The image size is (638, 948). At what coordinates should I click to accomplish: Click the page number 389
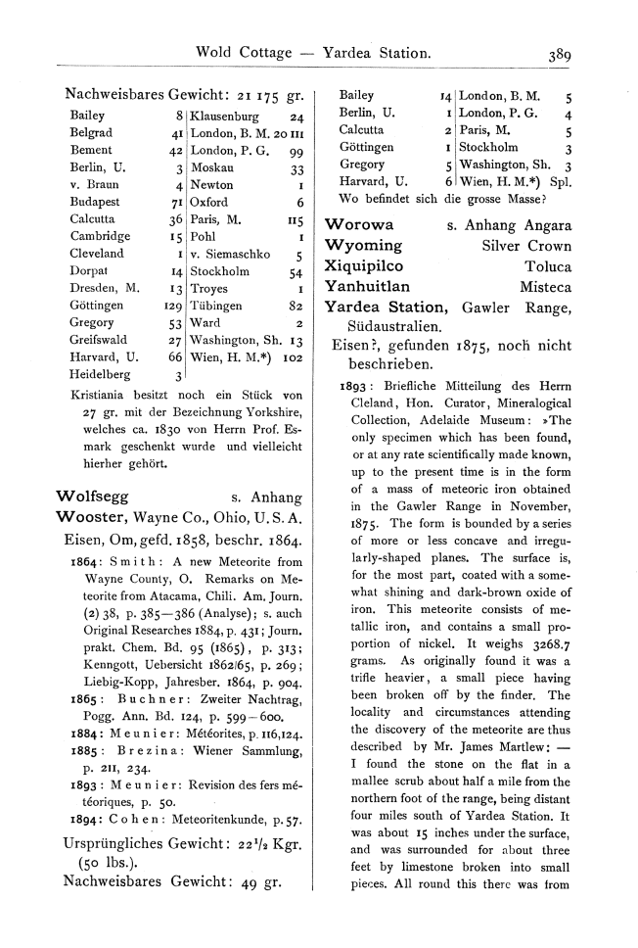(x=560, y=56)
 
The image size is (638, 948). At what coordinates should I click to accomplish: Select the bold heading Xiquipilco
(x=367, y=265)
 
